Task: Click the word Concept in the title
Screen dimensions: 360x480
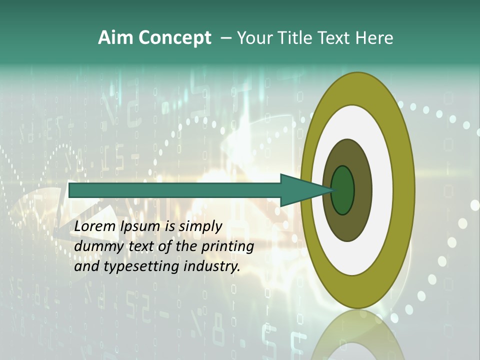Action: point(175,38)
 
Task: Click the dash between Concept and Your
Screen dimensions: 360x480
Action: point(225,38)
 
